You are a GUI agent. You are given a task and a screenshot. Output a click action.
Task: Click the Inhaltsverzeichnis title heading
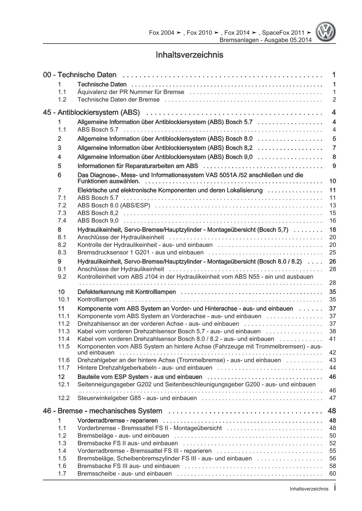point(189,55)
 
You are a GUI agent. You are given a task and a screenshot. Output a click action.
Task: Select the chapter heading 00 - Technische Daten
point(80,75)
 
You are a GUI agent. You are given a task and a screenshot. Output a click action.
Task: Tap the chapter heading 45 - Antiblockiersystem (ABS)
point(91,112)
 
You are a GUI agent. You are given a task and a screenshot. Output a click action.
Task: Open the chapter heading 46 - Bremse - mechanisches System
point(102,411)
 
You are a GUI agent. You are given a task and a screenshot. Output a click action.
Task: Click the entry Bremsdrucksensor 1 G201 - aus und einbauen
point(140,252)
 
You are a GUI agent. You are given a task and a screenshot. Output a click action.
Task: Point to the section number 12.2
point(64,398)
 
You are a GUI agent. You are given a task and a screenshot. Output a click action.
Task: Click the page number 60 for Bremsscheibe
point(333,473)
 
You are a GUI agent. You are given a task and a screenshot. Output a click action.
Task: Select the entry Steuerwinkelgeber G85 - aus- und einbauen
point(137,398)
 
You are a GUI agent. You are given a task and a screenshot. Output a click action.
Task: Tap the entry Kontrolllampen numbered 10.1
point(98,299)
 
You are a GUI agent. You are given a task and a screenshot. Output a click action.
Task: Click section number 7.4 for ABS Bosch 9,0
point(62,221)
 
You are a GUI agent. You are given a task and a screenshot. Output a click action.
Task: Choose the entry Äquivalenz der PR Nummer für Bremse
point(131,92)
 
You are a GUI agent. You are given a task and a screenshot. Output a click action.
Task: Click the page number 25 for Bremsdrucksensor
point(333,252)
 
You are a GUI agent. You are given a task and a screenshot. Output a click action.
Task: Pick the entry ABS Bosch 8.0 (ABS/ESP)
point(114,205)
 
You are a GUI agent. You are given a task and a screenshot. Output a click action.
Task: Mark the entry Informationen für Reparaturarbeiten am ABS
point(138,166)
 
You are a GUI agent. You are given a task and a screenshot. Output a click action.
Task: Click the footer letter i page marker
point(335,489)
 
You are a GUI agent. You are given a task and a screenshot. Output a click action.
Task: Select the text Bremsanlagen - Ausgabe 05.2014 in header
point(265,40)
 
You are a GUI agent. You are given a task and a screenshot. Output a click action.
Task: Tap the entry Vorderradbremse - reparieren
point(117,420)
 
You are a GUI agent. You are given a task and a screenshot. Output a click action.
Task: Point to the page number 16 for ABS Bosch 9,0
point(333,221)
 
